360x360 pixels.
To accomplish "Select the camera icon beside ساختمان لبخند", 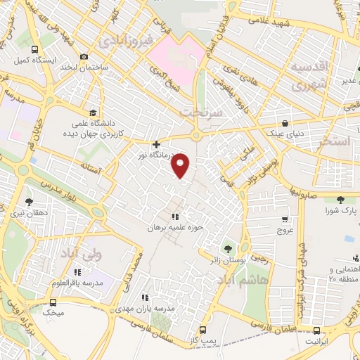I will (x=84, y=56).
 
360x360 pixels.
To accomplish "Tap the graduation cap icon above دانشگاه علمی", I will (x=93, y=112).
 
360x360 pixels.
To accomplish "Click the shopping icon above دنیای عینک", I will (x=285, y=121).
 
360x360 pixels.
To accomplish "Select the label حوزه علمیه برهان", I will (x=175, y=228).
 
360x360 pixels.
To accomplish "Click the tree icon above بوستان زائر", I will (x=227, y=248).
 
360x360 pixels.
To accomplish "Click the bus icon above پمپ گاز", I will (x=203, y=329).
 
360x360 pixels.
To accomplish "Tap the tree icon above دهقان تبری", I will (x=30, y=202).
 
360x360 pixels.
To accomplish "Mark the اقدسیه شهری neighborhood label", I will (x=309, y=77).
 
